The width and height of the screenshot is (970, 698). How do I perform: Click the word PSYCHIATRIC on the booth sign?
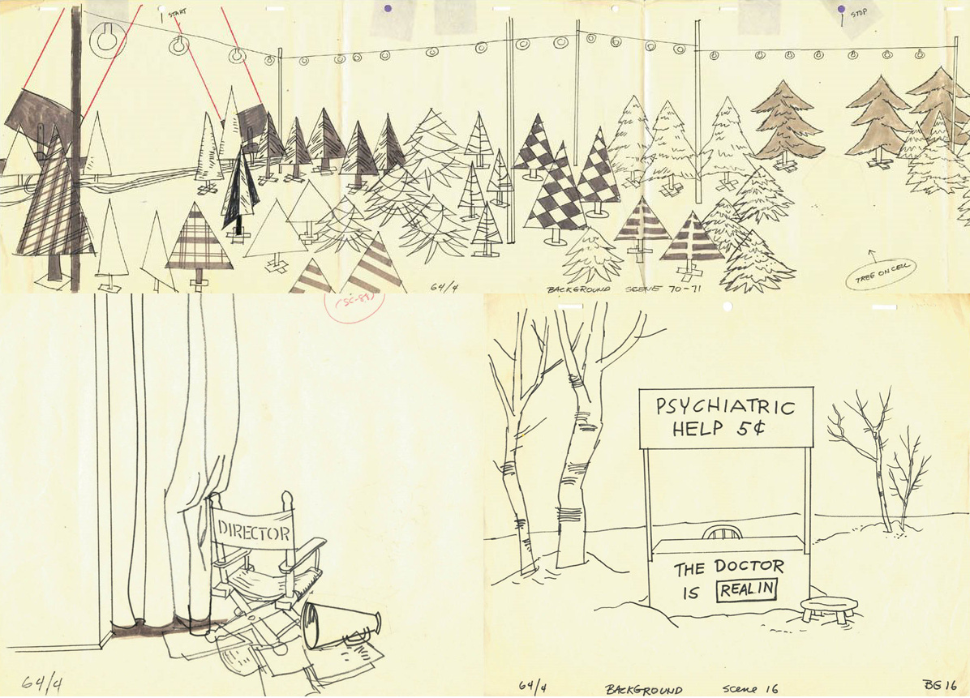[725, 407]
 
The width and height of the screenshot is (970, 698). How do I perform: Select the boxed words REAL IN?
[746, 589]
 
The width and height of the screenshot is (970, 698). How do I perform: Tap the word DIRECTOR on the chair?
[253, 533]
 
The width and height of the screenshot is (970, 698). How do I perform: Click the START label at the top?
[177, 13]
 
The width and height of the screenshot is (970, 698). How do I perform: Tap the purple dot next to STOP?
[842, 11]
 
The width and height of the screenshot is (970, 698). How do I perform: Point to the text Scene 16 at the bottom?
[750, 689]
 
